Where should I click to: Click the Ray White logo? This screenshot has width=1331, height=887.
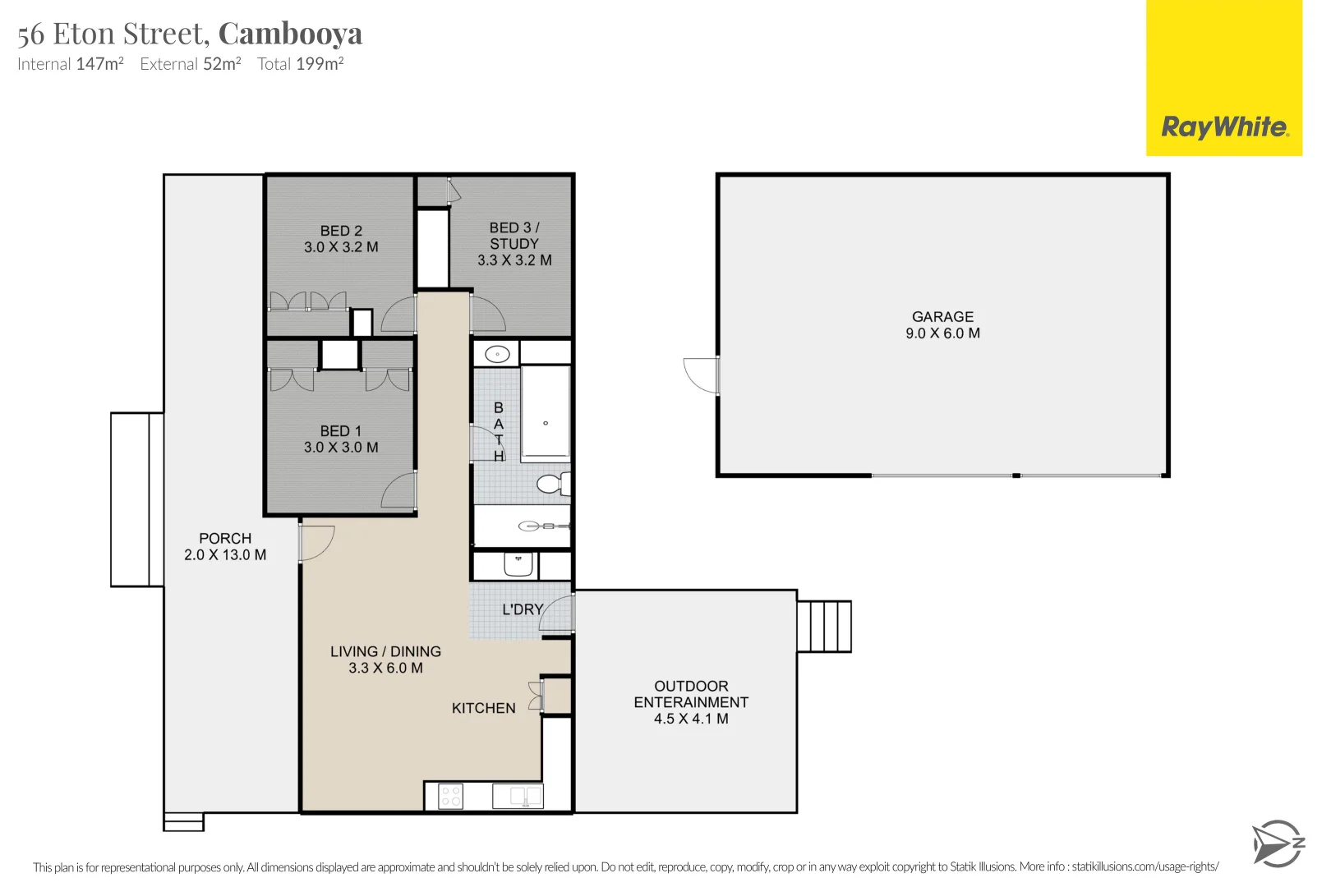coord(1223,78)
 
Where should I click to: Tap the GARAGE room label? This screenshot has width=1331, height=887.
coord(942,317)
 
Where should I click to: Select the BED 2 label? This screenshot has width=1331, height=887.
coord(340,231)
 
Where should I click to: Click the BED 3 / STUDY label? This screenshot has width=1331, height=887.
coord(514,235)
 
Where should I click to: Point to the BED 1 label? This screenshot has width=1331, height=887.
coord(340,430)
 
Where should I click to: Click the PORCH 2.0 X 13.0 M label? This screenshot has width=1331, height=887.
coord(225,547)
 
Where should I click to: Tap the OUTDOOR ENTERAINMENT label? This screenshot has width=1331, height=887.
coord(691,694)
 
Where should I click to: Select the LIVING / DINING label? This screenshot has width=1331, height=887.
coord(385,651)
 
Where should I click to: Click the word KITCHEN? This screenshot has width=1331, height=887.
coord(484,708)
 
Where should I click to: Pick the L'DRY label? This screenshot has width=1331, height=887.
coord(523,609)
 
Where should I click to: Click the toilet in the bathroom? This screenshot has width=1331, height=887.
coord(554,484)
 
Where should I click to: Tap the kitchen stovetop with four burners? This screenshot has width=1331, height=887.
coord(450,796)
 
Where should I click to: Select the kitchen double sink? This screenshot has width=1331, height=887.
coord(518,796)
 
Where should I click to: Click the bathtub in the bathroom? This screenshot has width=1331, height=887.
coord(546,414)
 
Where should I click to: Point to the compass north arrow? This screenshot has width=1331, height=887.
coord(1278,843)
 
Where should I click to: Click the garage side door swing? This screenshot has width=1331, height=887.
coord(701,375)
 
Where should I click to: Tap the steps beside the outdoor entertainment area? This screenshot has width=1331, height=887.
coord(824,626)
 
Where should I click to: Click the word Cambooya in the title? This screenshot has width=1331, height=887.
coord(290,34)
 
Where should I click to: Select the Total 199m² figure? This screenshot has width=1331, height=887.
coord(301,64)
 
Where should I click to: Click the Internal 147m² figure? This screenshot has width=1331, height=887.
coord(71,64)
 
